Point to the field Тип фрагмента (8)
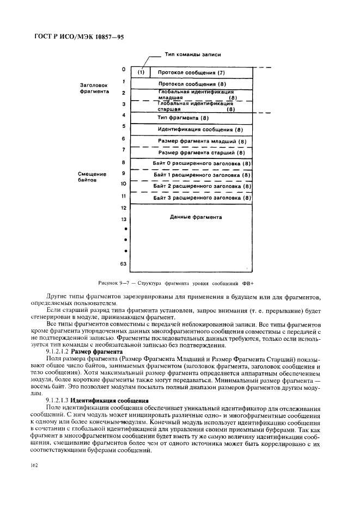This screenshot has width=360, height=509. click(183, 118)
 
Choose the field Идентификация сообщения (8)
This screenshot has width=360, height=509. click(199, 130)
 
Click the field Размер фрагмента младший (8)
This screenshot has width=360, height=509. click(202, 142)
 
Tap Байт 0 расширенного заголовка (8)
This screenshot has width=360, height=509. click(202, 163)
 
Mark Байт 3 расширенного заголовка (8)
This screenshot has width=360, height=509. click(202, 198)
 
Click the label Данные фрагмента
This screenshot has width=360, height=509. click(196, 217)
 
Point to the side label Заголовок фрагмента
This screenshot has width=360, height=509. click(94, 89)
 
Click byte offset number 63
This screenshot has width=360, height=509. click(124, 263)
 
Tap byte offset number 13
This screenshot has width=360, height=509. click(124, 219)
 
